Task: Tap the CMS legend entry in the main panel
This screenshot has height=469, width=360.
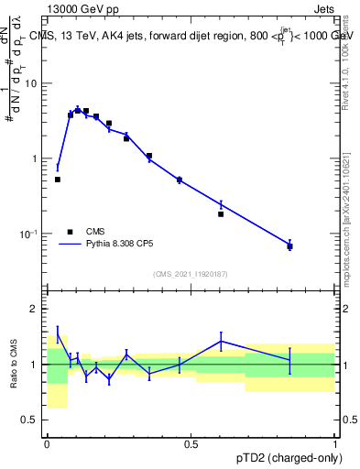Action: coord(82,232)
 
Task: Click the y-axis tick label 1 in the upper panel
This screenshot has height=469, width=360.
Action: coord(36,158)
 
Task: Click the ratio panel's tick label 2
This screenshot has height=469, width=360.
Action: coord(36,309)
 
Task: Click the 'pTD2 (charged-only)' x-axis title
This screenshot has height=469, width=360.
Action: coord(284,458)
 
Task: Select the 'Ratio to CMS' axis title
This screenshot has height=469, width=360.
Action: coord(15,365)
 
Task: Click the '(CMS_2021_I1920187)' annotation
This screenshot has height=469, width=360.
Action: coord(191,273)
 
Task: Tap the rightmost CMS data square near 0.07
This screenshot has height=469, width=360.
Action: coord(289,246)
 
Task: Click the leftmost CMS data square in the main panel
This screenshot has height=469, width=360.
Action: coord(58,180)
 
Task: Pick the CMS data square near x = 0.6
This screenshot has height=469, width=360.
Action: coord(221,214)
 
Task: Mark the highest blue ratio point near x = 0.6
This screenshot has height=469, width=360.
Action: coord(221,341)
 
